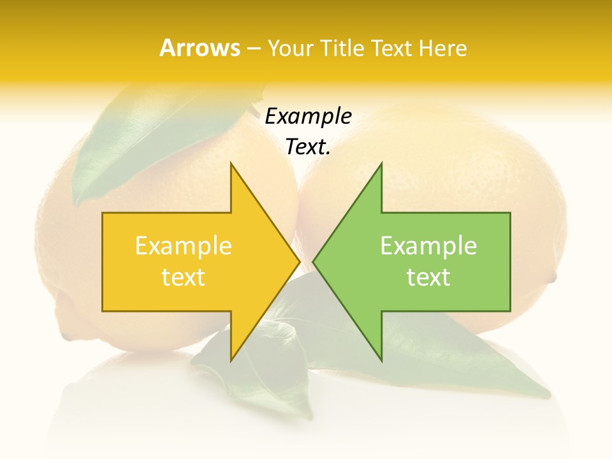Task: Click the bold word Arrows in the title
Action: [x=200, y=48]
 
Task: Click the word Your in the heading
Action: [x=291, y=48]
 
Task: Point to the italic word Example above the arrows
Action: [x=308, y=117]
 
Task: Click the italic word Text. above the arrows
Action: [x=308, y=147]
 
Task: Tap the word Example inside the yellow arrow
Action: [x=184, y=246]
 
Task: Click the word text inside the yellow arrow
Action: [x=184, y=277]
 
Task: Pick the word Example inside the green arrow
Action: [x=428, y=246]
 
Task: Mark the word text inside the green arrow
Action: [x=428, y=277]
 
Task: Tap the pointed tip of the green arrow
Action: [x=315, y=261]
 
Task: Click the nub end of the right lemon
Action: [x=552, y=277]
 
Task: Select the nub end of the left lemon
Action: [x=66, y=335]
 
